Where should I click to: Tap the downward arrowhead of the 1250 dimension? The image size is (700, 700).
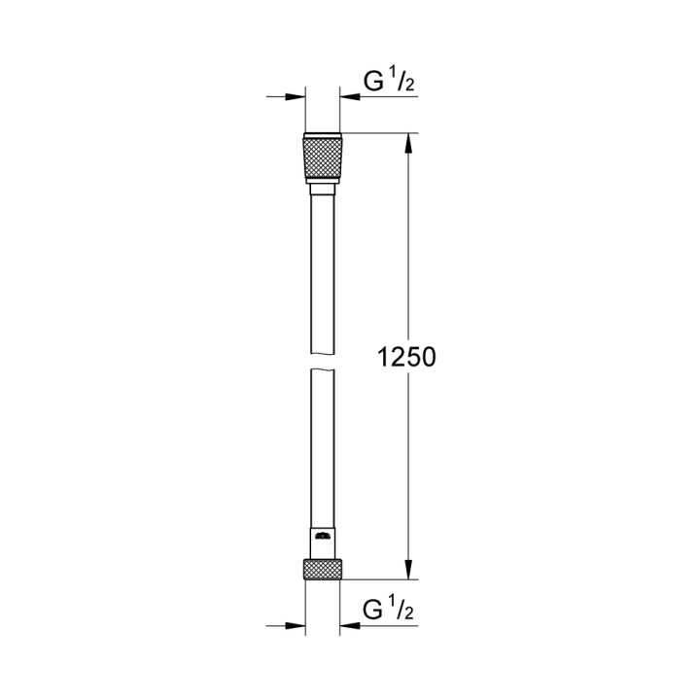408,573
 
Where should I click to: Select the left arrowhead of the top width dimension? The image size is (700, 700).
297,96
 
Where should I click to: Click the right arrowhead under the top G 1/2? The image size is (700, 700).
346,96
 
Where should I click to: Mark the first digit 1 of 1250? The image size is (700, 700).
384,357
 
